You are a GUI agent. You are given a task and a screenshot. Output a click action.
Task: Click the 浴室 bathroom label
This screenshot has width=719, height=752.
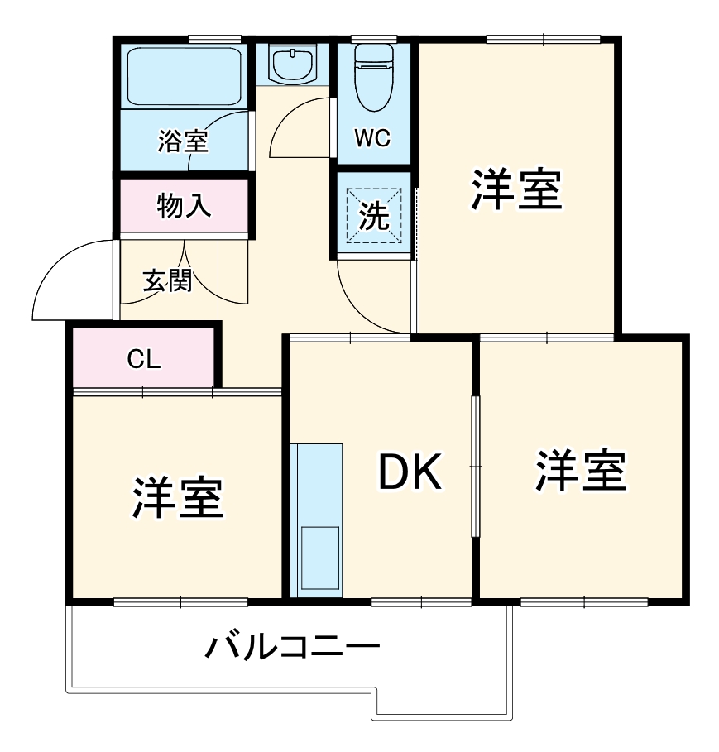183,141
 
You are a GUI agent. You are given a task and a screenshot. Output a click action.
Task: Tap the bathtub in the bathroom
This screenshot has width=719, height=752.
183,75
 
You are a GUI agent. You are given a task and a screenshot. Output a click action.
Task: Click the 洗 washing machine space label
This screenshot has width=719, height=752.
373,217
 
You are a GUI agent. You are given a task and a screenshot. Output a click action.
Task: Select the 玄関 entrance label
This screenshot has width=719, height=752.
167,282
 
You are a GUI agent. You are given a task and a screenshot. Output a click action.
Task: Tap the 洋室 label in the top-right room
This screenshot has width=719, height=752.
517,189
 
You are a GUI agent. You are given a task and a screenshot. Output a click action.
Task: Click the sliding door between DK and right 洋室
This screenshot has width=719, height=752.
475,467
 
